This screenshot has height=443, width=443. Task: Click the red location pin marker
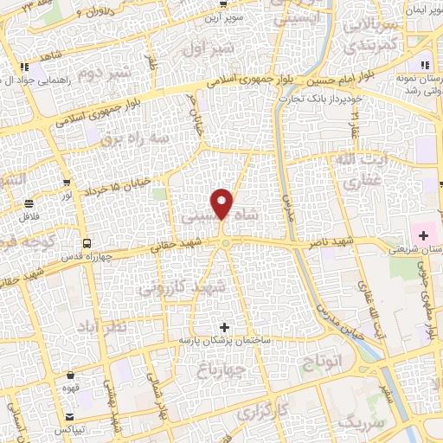point(222,203)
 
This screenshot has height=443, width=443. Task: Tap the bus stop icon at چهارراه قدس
point(86,243)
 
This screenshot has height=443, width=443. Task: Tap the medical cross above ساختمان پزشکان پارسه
point(225,327)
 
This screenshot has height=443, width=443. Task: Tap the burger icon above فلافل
point(30,203)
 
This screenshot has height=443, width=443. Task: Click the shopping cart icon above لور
point(67,183)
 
